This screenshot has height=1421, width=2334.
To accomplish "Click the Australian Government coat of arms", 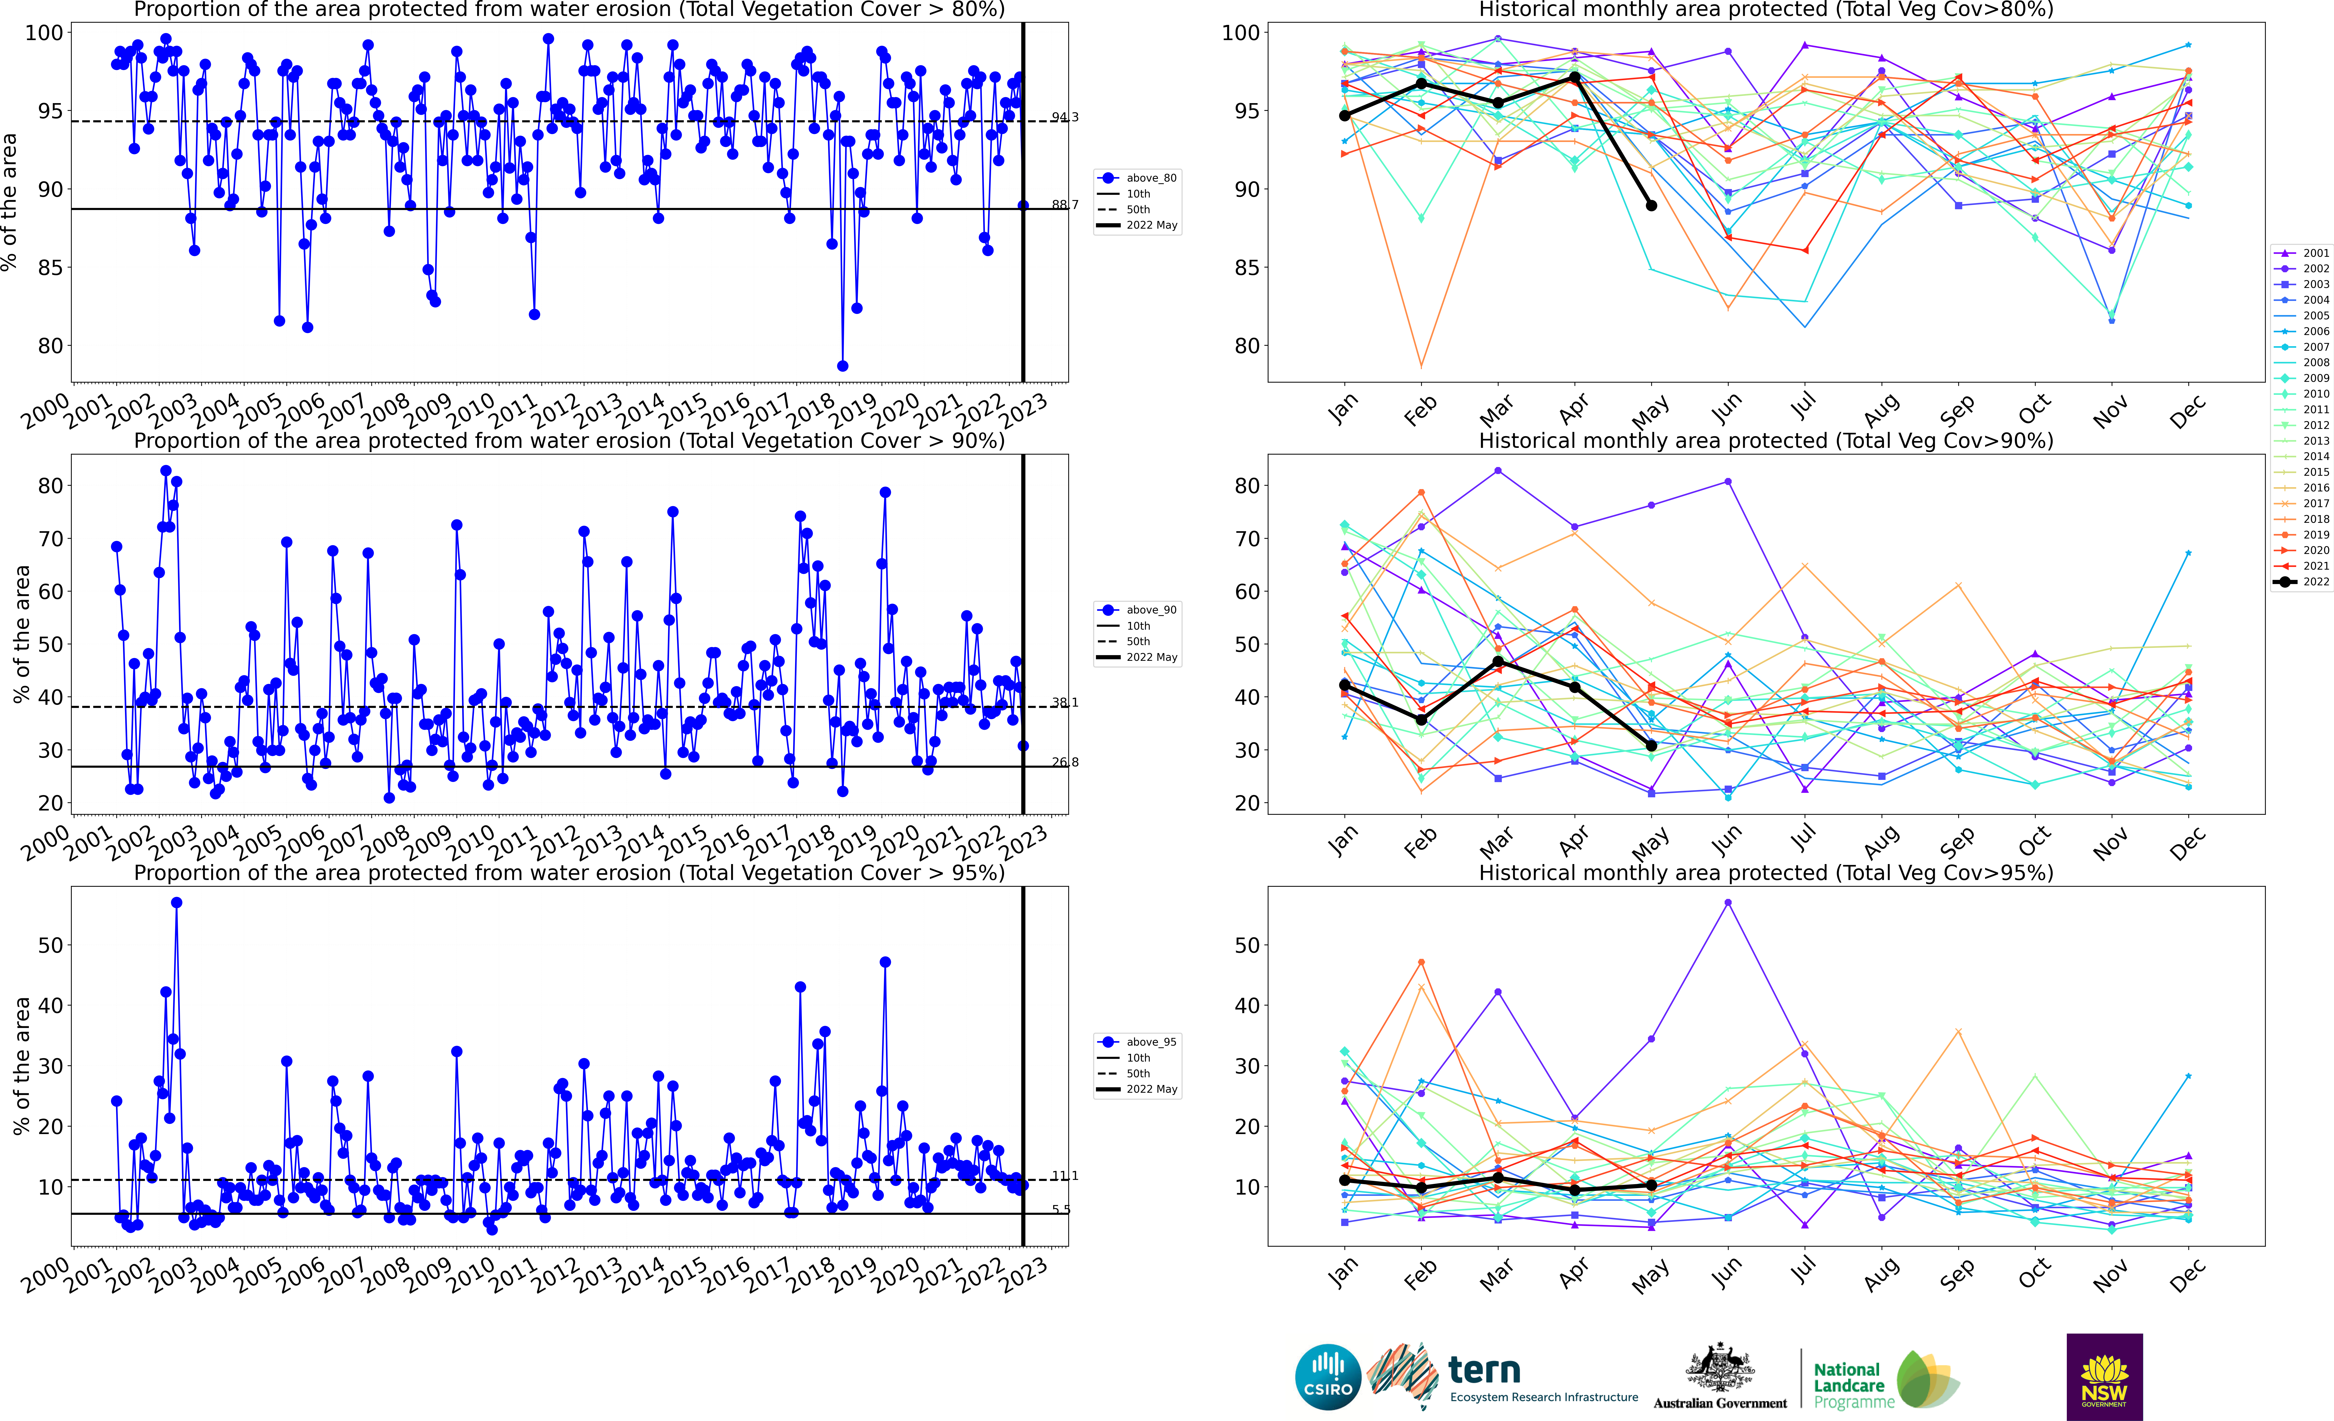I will pos(1719,1369).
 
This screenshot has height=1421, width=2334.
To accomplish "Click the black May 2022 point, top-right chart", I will pos(1651,205).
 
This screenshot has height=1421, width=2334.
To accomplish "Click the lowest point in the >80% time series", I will pos(842,366).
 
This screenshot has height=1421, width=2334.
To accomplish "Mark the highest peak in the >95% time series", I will pos(176,903).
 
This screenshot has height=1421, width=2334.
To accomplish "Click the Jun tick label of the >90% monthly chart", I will pos(1727,838).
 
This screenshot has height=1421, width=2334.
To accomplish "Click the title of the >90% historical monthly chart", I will pos(1766,441).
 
